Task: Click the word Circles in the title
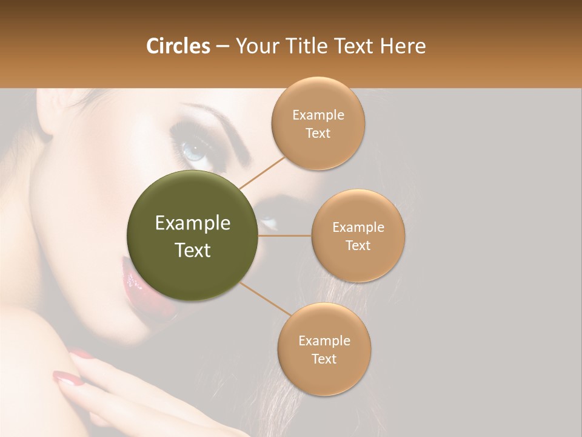tap(178, 46)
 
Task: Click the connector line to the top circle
tap(263, 172)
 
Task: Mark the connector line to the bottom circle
tap(266, 297)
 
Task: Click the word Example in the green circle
tap(192, 223)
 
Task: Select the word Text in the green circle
tap(192, 250)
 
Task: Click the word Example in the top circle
tap(318, 115)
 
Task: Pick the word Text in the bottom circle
tap(324, 359)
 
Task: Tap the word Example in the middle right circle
tap(358, 228)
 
